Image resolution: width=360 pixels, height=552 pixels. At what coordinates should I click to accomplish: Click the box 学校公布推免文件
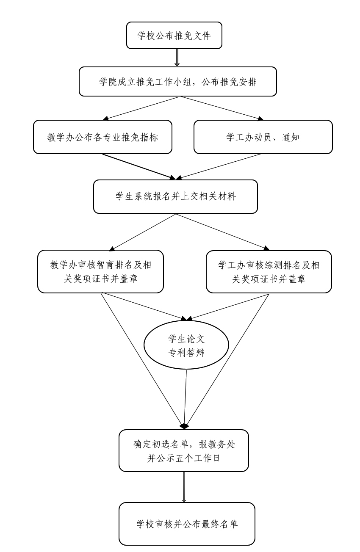[174, 36]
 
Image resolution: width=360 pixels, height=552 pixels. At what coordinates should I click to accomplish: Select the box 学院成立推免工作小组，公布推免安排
[178, 81]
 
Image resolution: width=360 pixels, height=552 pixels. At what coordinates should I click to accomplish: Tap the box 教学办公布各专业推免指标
[102, 137]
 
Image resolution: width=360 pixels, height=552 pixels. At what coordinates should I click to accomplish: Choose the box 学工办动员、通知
[263, 137]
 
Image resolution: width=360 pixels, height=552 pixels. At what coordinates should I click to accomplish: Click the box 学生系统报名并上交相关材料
[175, 196]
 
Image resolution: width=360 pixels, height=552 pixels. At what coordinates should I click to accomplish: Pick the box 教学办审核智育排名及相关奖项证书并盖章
[100, 271]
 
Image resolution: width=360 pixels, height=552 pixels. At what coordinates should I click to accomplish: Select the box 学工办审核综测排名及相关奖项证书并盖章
[269, 271]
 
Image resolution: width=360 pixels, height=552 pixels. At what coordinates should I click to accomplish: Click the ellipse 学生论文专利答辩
[186, 345]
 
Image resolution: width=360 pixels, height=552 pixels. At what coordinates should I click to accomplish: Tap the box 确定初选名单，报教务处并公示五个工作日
[183, 450]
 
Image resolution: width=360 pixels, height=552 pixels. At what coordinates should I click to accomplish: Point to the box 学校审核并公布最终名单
[187, 524]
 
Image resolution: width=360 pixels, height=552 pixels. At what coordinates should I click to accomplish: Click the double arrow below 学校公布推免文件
[177, 58]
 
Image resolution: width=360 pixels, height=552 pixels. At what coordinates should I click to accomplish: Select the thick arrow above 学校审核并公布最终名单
[184, 487]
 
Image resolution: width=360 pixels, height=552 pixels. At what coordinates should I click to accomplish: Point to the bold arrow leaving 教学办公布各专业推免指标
[138, 166]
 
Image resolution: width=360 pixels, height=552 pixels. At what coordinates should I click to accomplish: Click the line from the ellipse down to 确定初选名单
[186, 398]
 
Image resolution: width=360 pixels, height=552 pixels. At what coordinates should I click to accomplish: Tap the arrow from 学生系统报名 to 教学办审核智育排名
[143, 232]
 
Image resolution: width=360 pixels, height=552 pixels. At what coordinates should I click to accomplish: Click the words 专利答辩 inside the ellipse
[186, 353]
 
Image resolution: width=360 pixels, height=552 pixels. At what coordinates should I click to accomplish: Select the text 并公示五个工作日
[183, 458]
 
